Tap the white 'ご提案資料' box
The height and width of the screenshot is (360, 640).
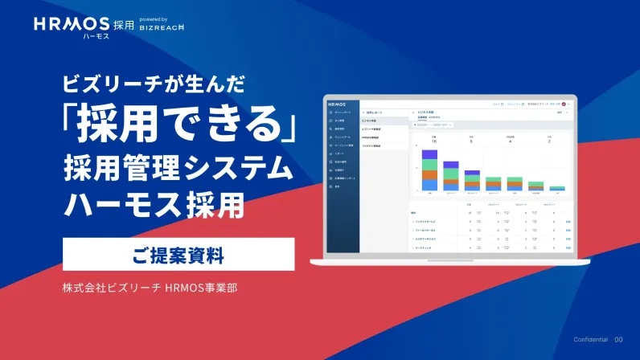178,256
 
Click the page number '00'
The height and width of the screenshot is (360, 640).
618,340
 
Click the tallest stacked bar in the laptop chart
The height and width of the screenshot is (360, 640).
429,170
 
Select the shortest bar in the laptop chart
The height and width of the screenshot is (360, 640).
557,188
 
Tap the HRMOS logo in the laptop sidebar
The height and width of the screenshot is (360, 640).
338,104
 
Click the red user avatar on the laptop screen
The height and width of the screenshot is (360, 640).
565,104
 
